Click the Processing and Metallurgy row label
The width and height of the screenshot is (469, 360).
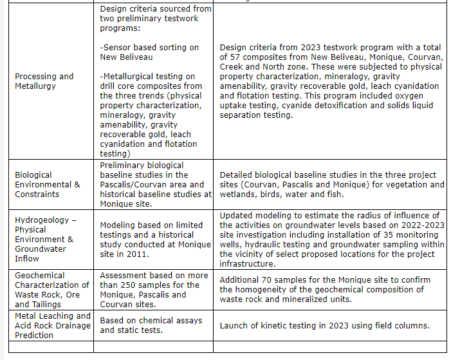[44, 81]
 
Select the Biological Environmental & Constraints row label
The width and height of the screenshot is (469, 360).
[48, 184]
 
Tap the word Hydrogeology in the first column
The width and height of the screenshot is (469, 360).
[41, 220]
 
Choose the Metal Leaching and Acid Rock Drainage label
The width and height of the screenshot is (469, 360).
[53, 325]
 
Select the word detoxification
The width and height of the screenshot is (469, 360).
[347, 105]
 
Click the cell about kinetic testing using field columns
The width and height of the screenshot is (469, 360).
[324, 325]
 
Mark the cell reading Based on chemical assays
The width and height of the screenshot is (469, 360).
[151, 325]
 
